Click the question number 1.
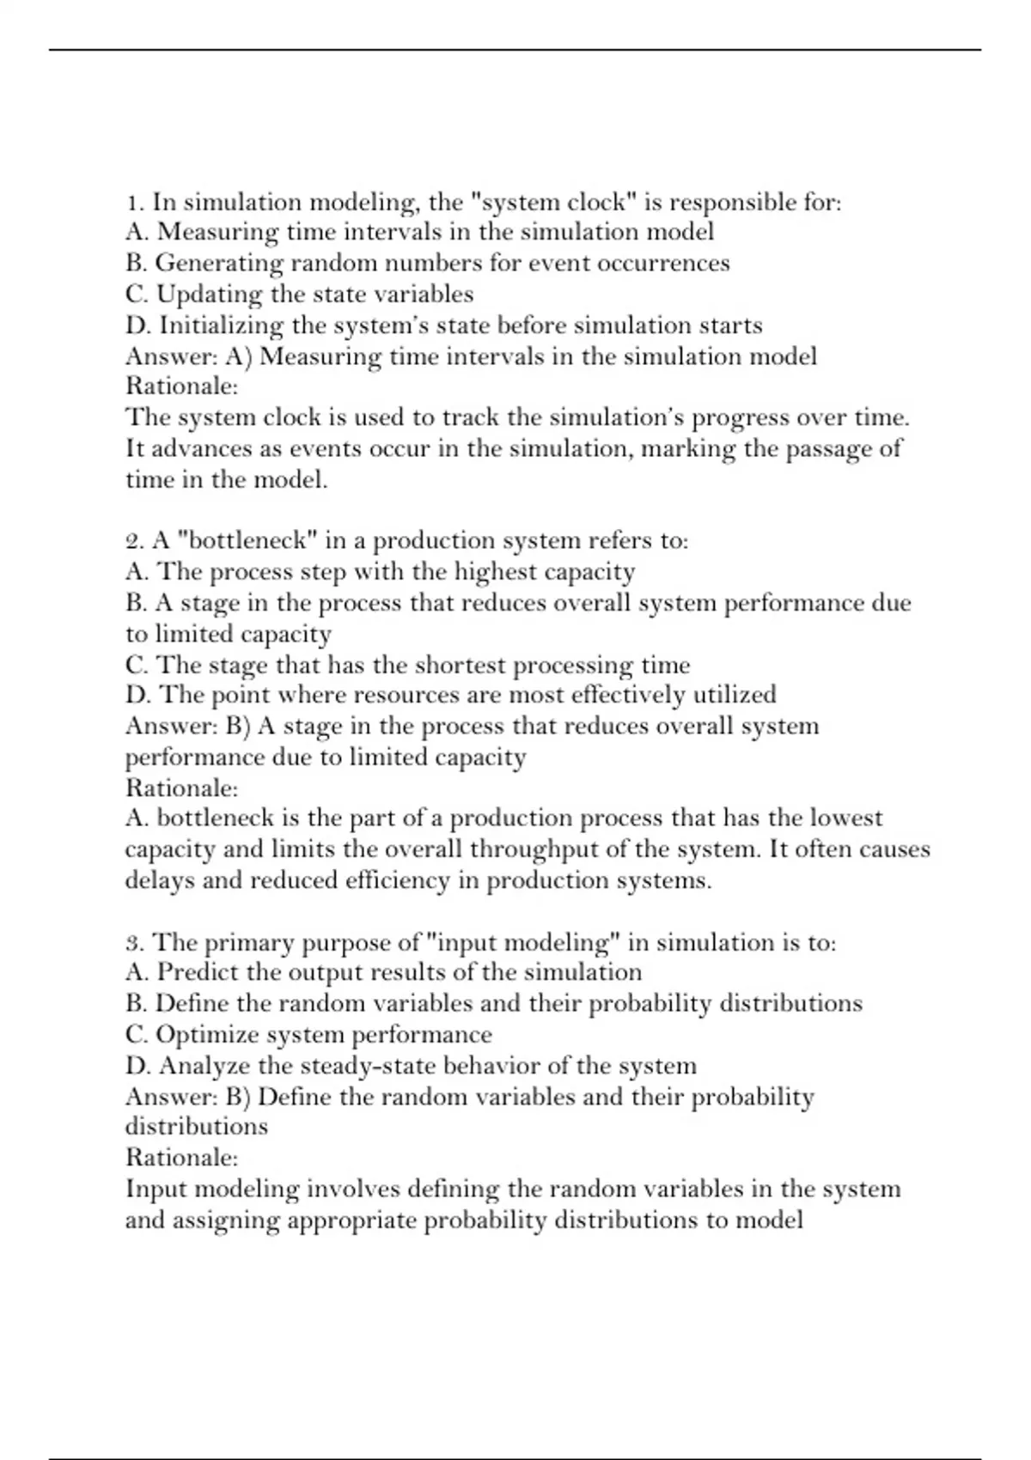[x=133, y=203]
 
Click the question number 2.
[x=133, y=541]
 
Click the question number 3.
[x=133, y=943]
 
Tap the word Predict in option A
[x=198, y=973]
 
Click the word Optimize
[x=207, y=1035]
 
